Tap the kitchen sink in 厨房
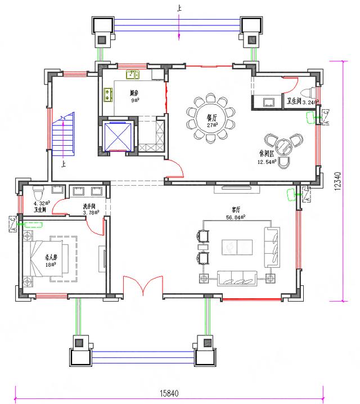[x=133, y=74]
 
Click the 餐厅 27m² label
[x=211, y=121]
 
